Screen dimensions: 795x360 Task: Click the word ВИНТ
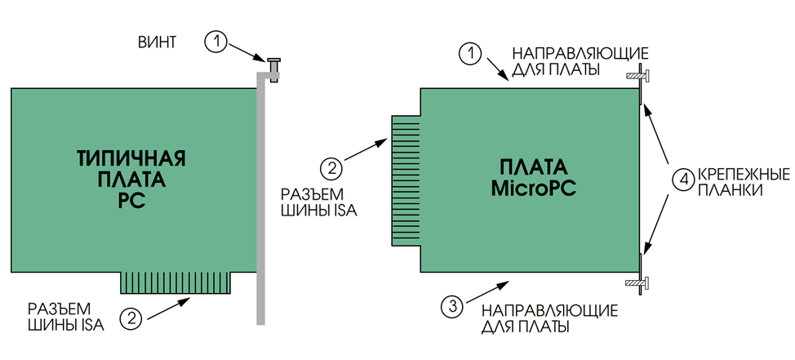[157, 42]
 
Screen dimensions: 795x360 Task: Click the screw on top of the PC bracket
[273, 69]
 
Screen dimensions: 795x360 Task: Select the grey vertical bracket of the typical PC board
[261, 198]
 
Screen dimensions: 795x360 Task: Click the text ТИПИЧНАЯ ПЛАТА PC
[132, 179]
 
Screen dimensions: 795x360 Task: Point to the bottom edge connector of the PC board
[176, 282]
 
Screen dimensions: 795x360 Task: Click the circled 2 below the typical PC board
[131, 318]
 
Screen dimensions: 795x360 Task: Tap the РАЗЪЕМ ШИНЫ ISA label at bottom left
[66, 316]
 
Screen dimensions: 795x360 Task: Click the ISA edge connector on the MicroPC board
[406, 180]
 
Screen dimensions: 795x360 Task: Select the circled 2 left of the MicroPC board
[331, 167]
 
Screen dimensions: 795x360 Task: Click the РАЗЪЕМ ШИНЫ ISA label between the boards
[319, 202]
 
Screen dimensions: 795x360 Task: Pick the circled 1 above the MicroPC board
[470, 53]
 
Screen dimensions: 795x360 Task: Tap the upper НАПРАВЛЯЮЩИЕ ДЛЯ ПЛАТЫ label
[580, 61]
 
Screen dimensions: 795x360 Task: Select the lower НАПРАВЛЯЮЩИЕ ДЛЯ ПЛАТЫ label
[549, 318]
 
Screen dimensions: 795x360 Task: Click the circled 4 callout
[684, 179]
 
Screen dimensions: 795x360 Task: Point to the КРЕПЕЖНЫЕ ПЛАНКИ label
[744, 183]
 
